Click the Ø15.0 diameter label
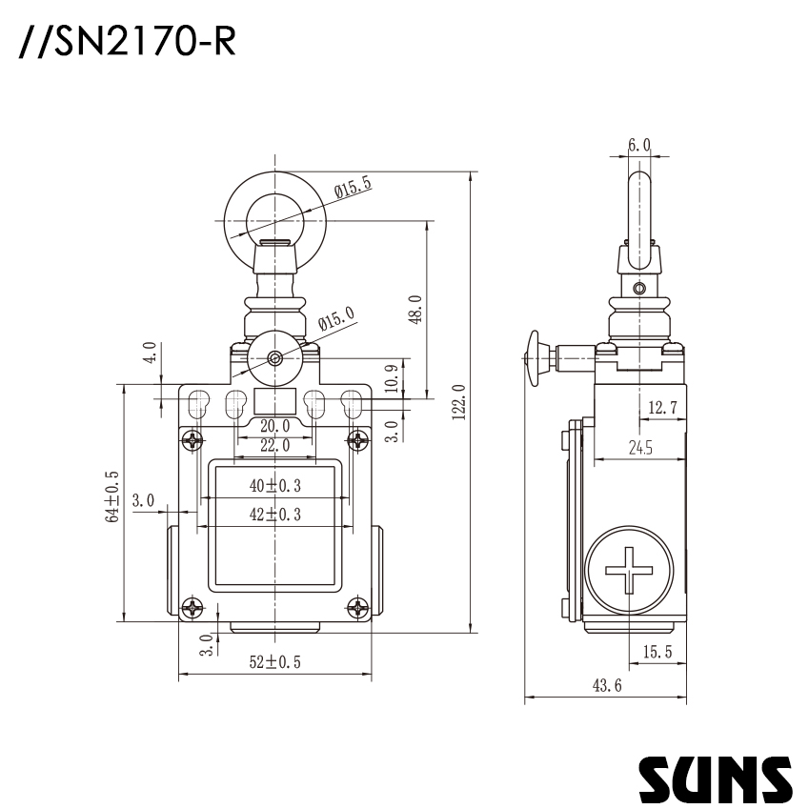(x=335, y=319)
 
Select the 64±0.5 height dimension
(x=112, y=496)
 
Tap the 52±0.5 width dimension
(x=274, y=662)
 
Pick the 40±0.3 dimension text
(x=274, y=485)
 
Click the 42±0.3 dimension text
(x=274, y=514)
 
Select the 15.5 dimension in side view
(x=657, y=652)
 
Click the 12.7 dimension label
(x=662, y=408)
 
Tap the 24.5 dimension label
(x=639, y=449)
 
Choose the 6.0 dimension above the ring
(x=639, y=145)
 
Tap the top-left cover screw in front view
(x=193, y=440)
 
